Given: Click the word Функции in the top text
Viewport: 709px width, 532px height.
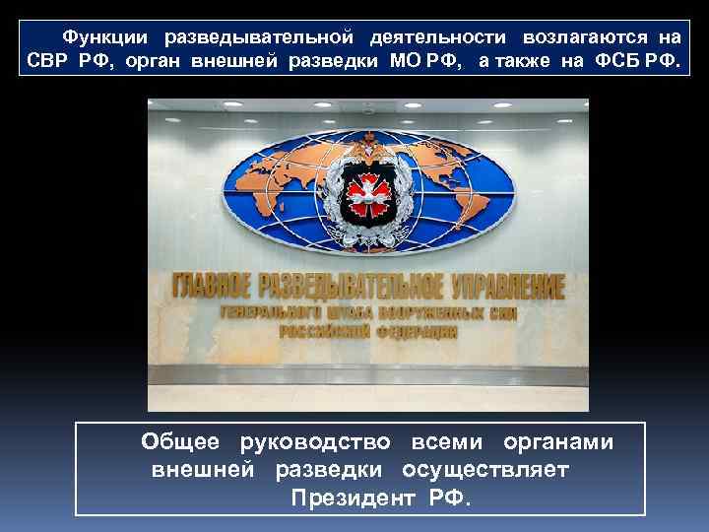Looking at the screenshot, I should coord(105,37).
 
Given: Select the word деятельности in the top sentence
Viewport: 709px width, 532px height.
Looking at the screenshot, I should coord(439,37).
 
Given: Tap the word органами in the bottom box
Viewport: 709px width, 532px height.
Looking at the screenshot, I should coord(558,442).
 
